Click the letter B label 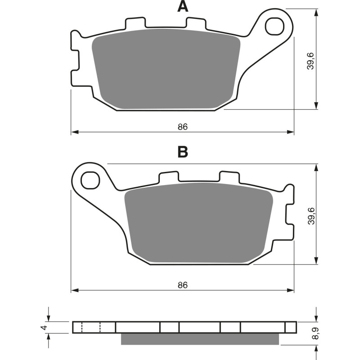point(182,152)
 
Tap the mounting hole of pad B point(90,181)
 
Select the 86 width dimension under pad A point(182,127)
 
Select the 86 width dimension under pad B point(182,285)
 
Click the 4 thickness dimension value point(43,327)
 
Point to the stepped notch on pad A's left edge point(75,58)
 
